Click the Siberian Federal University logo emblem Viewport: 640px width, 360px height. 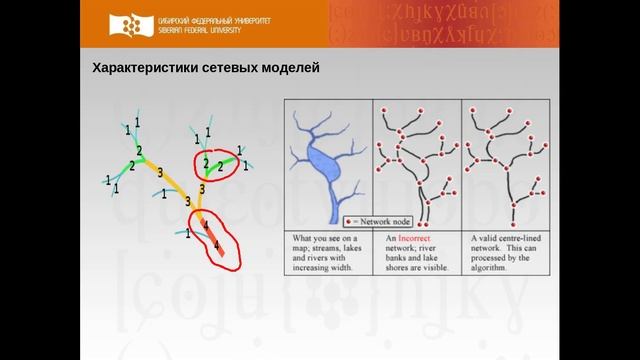coord(134,25)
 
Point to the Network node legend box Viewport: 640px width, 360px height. coord(376,219)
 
